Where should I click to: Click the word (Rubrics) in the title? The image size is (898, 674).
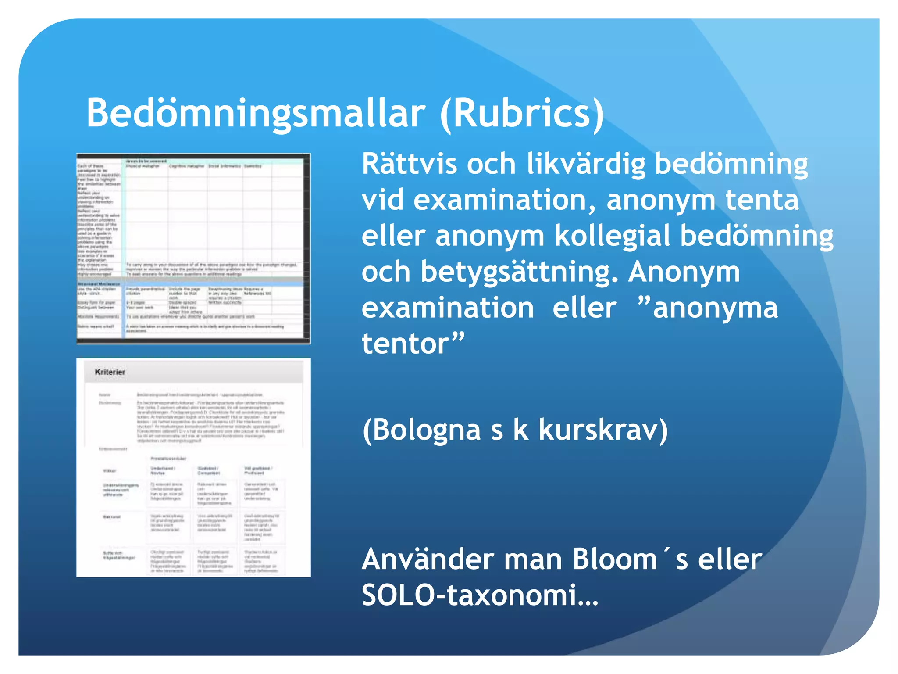[522, 113]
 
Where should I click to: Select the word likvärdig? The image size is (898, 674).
[586, 164]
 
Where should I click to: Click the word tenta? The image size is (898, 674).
[762, 200]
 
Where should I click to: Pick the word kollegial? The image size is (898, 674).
[612, 236]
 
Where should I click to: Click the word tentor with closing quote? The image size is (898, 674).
[413, 344]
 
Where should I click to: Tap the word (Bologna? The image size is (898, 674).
[421, 430]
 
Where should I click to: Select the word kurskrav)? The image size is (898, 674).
[603, 430]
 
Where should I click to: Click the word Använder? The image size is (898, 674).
[428, 559]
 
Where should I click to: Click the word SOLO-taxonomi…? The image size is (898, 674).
[480, 595]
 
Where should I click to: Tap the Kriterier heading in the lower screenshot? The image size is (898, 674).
[110, 372]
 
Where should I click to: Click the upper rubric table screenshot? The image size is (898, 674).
[193, 248]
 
